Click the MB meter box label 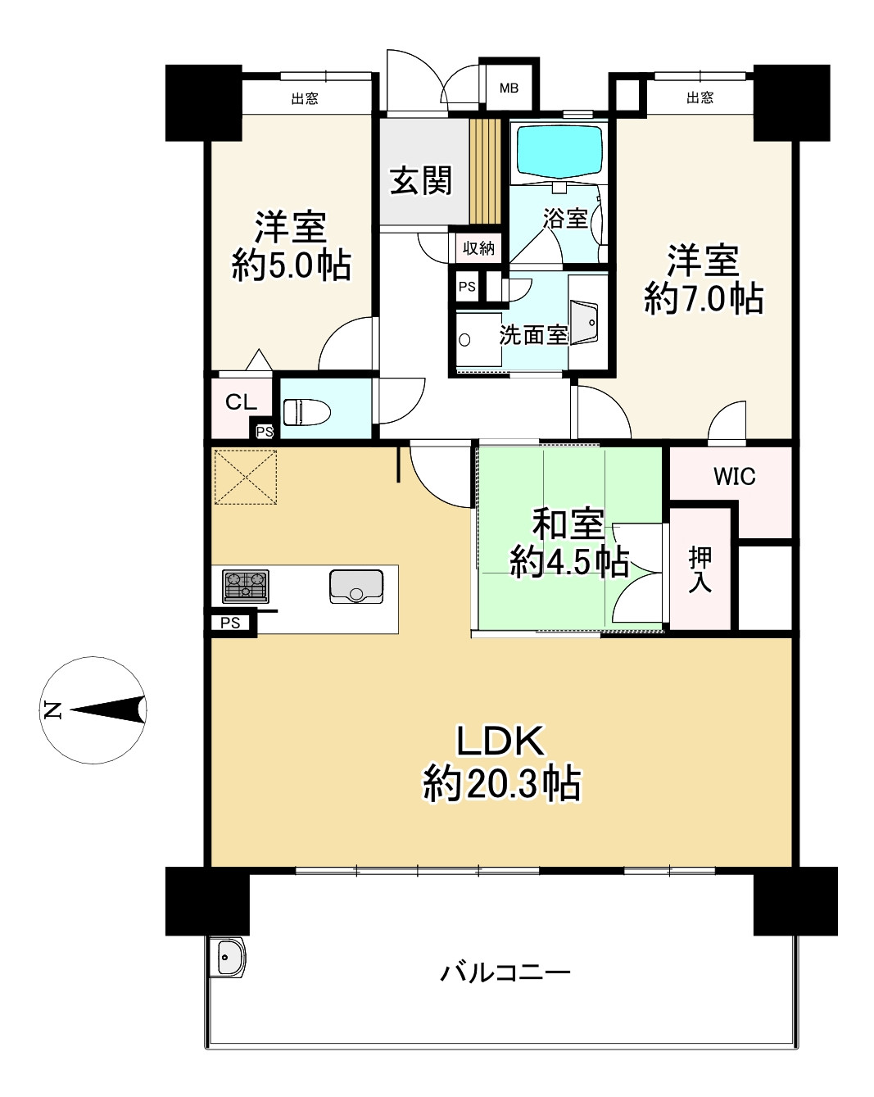(509, 88)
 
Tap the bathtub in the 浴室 (559, 151)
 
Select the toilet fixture (306, 411)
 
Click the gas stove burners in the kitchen (246, 586)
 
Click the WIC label (734, 477)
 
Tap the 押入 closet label (700, 569)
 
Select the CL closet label (241, 402)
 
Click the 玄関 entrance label (421, 180)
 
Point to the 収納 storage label (478, 247)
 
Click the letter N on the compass (52, 710)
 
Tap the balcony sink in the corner (227, 957)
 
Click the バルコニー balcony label (505, 973)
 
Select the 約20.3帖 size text (502, 784)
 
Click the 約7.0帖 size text (704, 298)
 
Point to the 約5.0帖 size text (292, 265)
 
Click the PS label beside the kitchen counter (230, 623)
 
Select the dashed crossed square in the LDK (245, 476)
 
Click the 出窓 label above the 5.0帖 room (305, 98)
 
